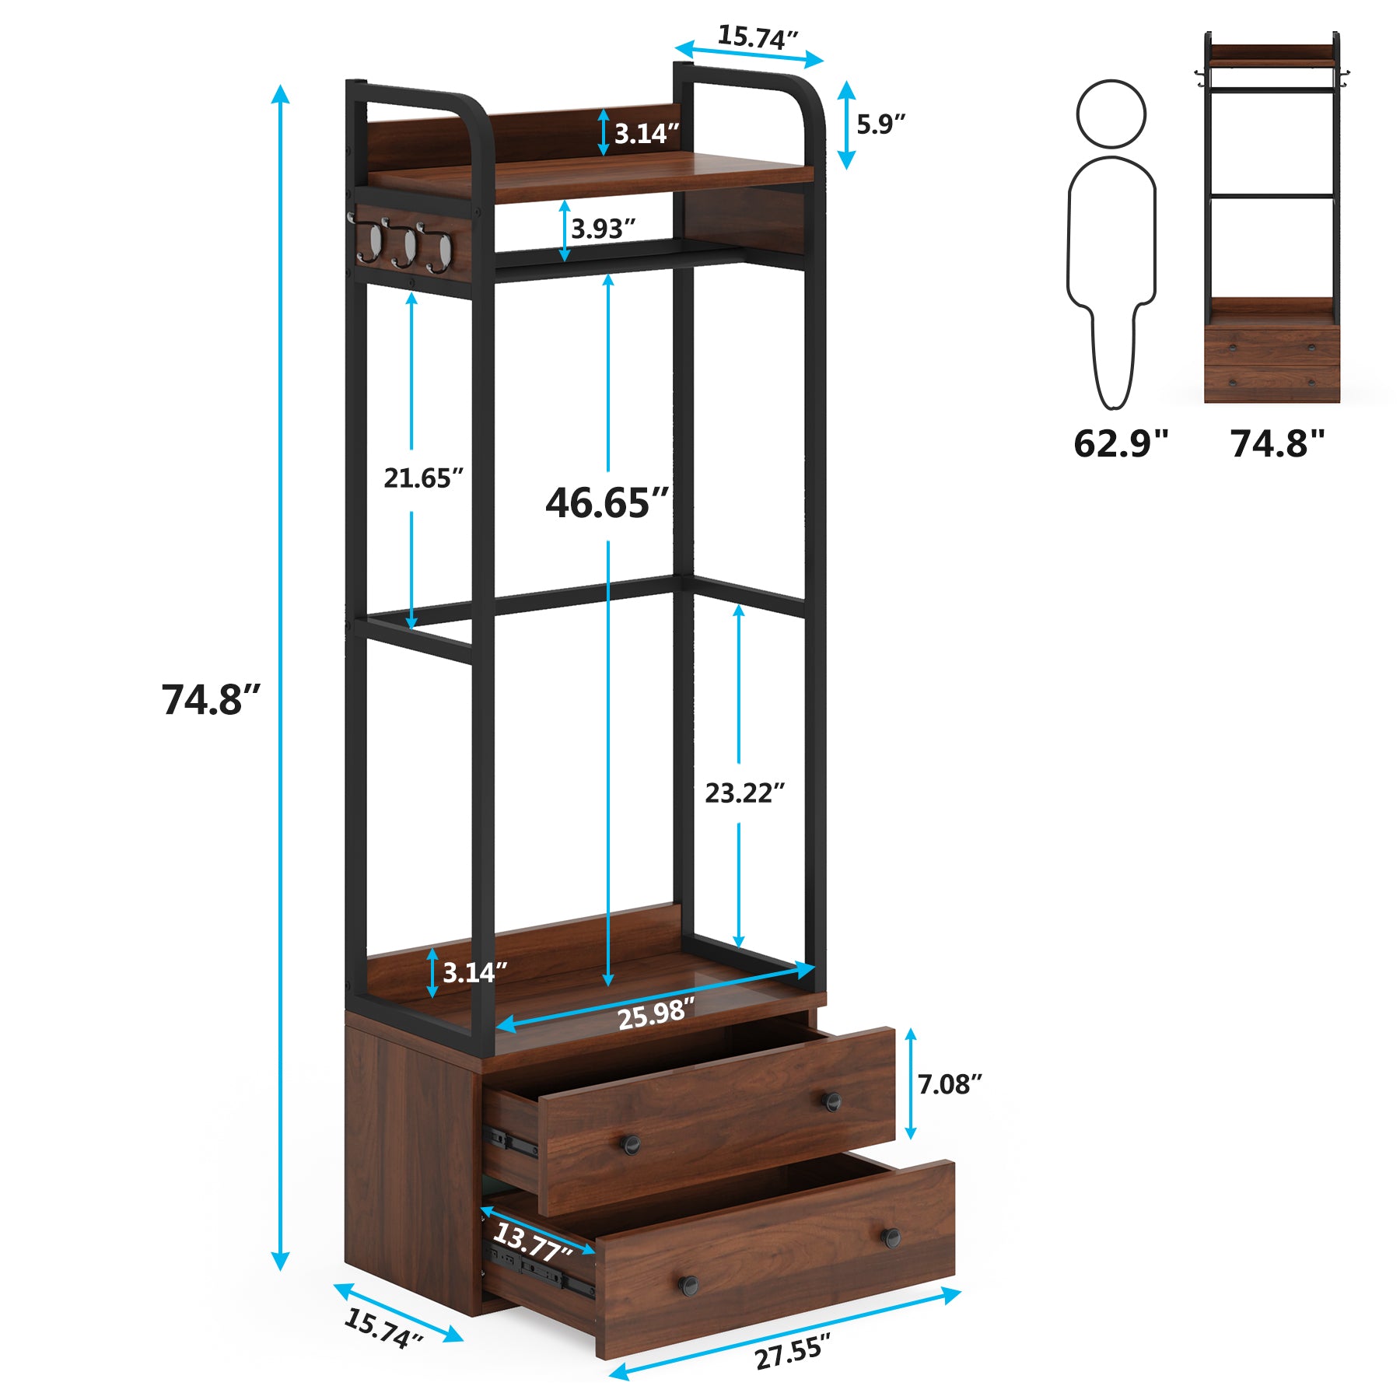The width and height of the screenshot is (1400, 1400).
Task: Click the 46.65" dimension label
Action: (607, 503)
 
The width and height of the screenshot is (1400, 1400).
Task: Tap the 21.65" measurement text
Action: (423, 478)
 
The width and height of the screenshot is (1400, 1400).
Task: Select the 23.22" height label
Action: (744, 793)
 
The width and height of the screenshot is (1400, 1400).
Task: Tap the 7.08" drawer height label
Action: (950, 1083)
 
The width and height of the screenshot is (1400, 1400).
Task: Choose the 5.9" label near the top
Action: (881, 124)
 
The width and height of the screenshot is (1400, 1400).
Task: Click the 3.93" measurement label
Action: (603, 229)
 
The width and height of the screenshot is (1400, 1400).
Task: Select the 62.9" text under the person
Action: (1121, 443)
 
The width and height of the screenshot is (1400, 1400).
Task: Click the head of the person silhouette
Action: (1111, 114)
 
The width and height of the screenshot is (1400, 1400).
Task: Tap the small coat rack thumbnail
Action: (1272, 217)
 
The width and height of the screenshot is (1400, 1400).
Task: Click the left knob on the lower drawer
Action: (687, 1284)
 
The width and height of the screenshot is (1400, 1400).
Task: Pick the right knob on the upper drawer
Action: (832, 1101)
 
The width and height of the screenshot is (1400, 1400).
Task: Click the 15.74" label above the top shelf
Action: (757, 37)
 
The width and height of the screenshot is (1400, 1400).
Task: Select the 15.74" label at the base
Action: (383, 1328)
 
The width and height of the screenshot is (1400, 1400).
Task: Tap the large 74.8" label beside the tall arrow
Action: (211, 698)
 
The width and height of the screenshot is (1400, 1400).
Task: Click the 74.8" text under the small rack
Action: (1277, 443)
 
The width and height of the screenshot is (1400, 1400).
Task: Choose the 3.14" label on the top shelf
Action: (646, 134)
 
